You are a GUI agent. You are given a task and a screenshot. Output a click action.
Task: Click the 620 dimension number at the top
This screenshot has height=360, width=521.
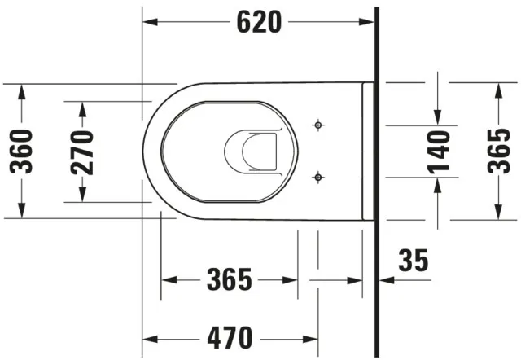260,22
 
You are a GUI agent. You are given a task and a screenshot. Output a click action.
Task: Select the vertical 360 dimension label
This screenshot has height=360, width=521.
21,151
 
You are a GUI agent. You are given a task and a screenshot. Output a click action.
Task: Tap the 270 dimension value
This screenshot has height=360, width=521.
82,151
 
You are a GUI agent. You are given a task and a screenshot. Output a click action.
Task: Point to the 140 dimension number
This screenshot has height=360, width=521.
440,151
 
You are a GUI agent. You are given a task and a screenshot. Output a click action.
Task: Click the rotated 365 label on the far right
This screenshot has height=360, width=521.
497,151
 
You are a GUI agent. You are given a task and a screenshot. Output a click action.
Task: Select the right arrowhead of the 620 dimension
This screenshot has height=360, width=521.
370,22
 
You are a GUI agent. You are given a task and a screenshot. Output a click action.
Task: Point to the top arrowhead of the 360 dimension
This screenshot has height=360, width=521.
21,90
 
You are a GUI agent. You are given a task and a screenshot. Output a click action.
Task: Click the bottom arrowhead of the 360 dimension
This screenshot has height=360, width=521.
21,213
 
